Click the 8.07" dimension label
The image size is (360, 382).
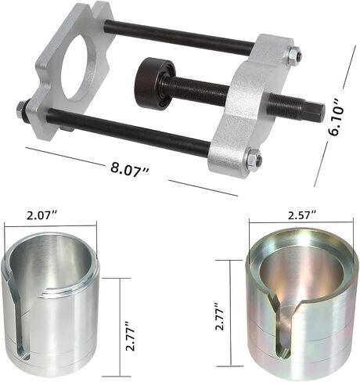click(x=129, y=170)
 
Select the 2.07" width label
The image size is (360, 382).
click(x=41, y=215)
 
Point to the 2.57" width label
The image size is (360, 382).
click(x=302, y=215)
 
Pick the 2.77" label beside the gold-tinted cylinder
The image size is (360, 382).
click(x=219, y=316)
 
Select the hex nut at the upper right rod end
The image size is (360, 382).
click(x=295, y=56)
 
